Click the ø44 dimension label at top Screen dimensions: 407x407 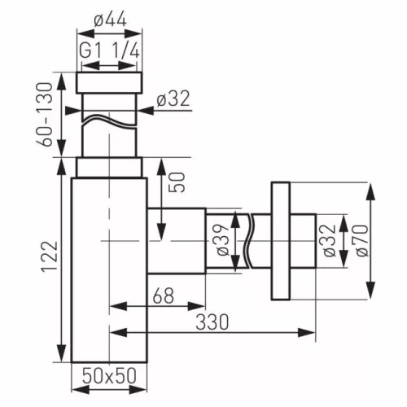[x=109, y=17]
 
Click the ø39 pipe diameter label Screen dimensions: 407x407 [x=222, y=241]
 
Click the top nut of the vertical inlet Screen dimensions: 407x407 [x=109, y=82]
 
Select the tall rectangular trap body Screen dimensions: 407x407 [x=109, y=269]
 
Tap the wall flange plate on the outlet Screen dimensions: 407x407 [x=281, y=241]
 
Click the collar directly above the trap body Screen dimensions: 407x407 [x=109, y=167]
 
